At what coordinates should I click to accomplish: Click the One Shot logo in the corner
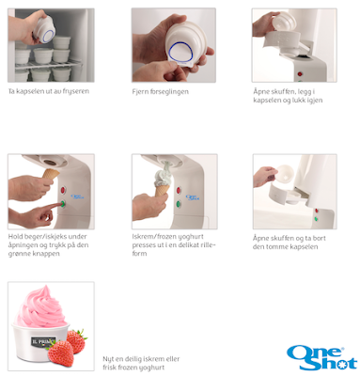322,358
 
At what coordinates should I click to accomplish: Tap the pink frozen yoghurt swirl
40,307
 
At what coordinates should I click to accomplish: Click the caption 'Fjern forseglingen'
160,92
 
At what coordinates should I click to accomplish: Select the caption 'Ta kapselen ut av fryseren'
49,91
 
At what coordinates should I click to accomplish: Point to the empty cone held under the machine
51,174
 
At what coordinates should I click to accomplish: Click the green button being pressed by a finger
63,204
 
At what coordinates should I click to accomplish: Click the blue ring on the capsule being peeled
180,53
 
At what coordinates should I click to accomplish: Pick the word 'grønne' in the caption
19,254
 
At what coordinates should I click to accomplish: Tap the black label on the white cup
43,341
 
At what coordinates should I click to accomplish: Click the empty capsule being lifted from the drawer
284,174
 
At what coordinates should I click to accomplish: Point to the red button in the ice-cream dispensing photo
179,190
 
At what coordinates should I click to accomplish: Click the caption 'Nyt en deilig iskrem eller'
141,359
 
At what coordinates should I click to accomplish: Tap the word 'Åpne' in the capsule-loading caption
260,91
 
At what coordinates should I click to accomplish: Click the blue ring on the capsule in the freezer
47,35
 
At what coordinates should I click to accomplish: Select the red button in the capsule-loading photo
300,74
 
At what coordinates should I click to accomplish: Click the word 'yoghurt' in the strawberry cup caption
151,368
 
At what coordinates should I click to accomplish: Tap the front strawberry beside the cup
61,353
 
